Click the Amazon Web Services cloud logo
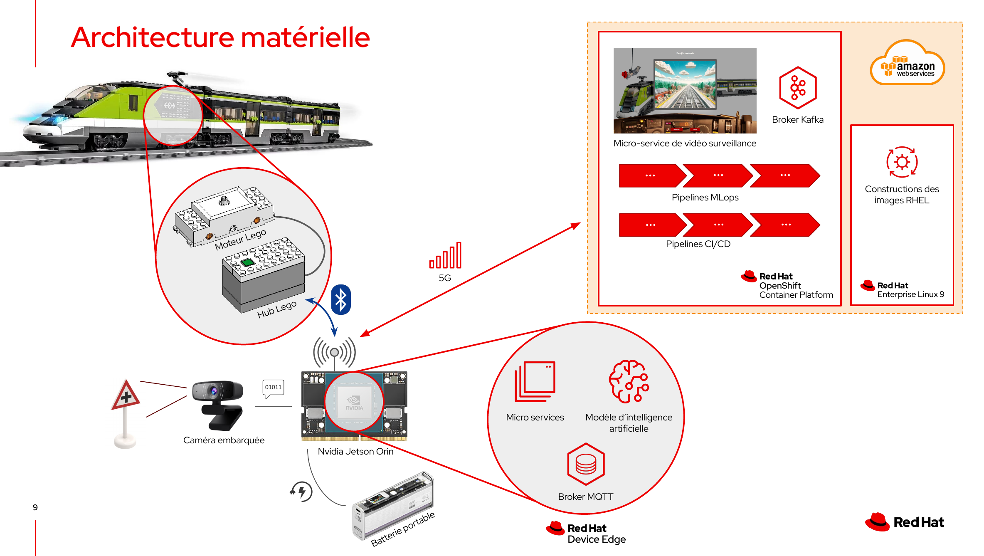coord(907,63)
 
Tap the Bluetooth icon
coord(341,299)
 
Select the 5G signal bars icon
coord(446,256)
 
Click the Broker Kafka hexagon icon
coord(797,88)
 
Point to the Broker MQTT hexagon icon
coord(585,464)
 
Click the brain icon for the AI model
coord(629,381)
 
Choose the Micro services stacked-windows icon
coord(535,381)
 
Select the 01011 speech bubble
coord(273,388)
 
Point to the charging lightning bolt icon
coord(302,491)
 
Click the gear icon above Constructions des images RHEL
coord(902,162)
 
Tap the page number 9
coord(35,507)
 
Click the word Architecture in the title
coord(153,37)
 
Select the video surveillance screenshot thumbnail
coord(685,90)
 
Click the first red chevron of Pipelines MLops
coord(651,175)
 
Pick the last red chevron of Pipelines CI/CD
coord(785,225)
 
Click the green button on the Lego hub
coord(247,262)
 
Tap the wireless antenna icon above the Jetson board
coord(334,353)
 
